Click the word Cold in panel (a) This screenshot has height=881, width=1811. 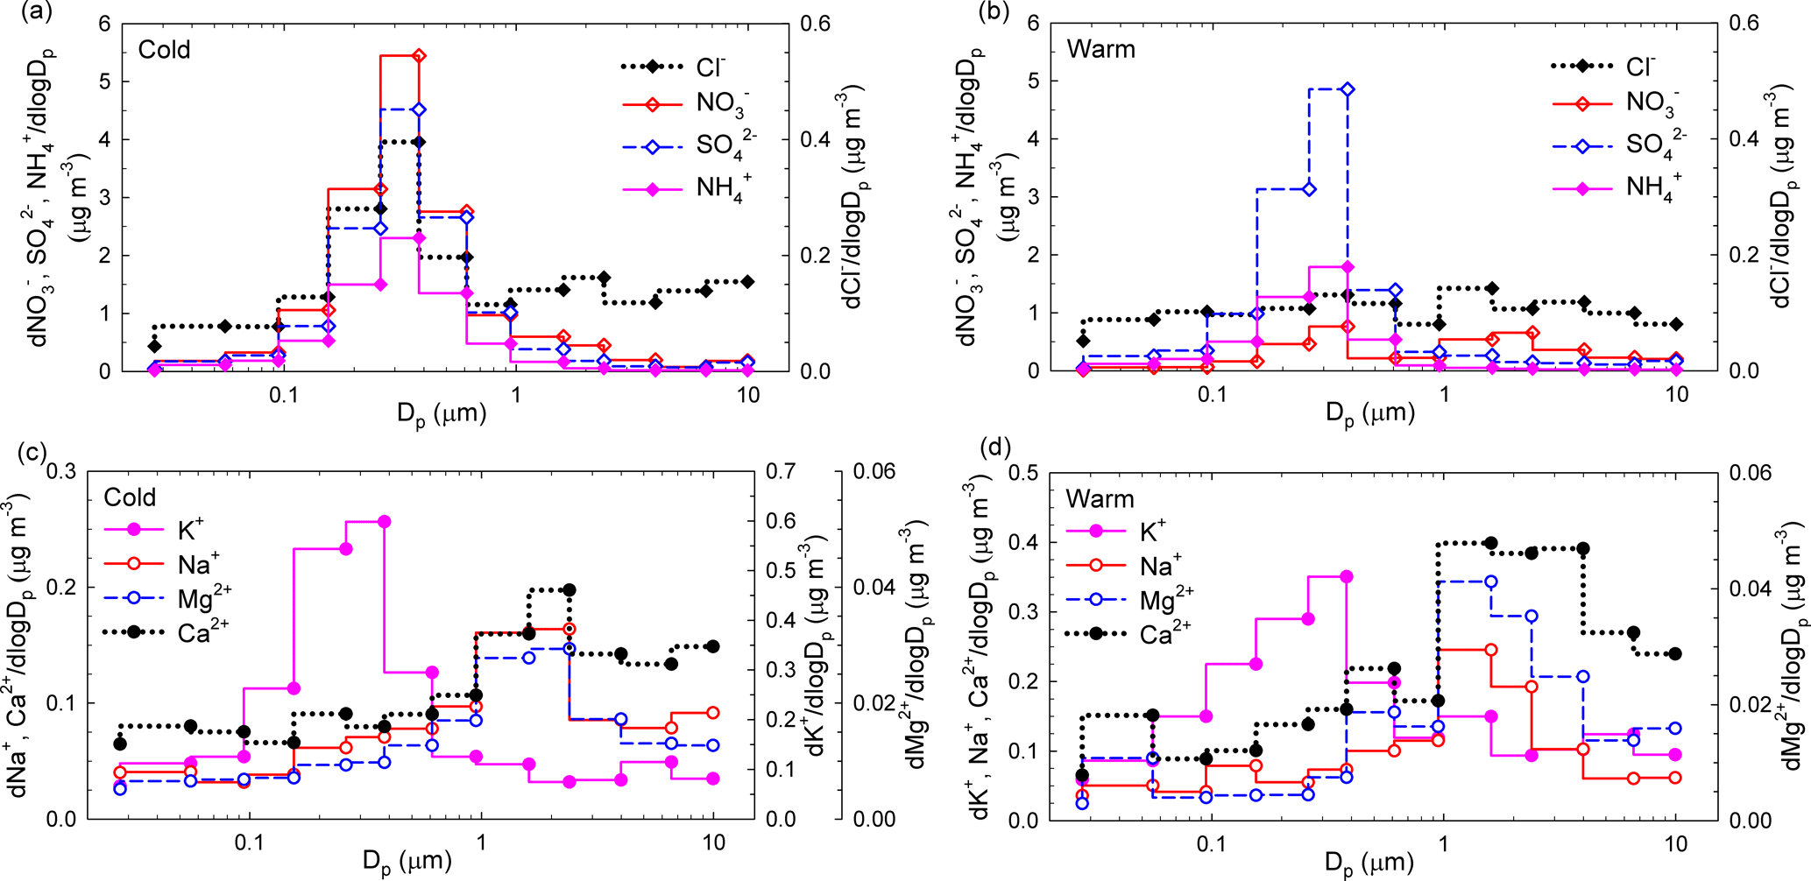[164, 49]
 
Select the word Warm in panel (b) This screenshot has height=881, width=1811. [1100, 49]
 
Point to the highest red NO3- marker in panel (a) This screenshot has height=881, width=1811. [419, 56]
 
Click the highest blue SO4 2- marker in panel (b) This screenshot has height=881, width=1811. [1348, 89]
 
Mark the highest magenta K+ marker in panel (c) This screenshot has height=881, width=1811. [383, 521]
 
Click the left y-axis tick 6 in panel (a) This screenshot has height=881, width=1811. [105, 24]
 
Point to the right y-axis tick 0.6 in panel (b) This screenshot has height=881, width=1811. [1742, 24]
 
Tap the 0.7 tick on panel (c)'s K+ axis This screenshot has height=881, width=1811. [780, 472]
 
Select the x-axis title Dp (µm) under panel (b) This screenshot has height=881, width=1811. [1370, 413]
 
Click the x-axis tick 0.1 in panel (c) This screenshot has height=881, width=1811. [250, 842]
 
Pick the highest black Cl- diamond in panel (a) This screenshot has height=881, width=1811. [419, 142]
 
